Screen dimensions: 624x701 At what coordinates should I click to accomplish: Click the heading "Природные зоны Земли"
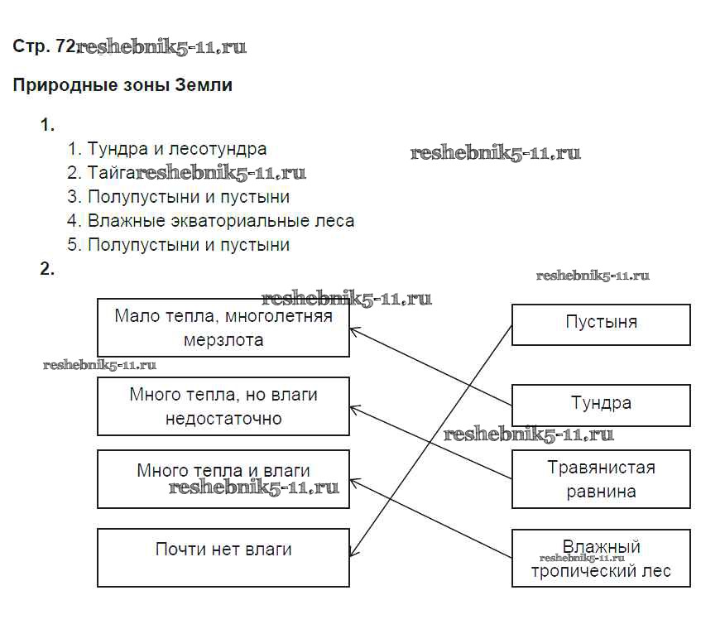[x=122, y=85]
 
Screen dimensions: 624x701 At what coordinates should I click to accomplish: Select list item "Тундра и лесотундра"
[x=177, y=149]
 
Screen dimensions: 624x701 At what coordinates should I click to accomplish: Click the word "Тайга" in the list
[x=111, y=173]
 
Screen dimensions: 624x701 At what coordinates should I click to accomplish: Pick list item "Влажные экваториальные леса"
[x=220, y=221]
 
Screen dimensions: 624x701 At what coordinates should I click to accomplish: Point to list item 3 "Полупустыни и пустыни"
[x=189, y=197]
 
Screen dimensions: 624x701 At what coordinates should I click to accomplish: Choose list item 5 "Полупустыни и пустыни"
[x=189, y=245]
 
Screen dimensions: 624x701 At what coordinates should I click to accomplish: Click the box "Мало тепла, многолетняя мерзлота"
[x=223, y=328]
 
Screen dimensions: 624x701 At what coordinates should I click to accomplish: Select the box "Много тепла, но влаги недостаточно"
[x=223, y=406]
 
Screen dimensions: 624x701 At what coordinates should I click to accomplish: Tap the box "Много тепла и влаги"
[x=223, y=478]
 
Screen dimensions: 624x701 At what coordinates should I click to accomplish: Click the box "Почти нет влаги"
[x=223, y=558]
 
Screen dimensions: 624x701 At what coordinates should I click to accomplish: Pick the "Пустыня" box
[x=601, y=324]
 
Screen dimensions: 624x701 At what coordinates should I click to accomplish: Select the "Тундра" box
[x=601, y=404]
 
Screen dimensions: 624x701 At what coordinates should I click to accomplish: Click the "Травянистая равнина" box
[x=601, y=479]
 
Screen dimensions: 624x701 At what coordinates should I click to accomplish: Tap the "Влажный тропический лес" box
[x=601, y=559]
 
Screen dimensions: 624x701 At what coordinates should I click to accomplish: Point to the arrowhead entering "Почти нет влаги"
[x=353, y=553]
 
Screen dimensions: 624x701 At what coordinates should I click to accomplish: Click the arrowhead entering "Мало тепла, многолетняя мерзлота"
[x=353, y=330]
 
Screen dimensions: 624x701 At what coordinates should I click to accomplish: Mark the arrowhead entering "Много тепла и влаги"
[x=353, y=479]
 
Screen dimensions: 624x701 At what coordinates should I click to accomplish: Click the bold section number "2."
[x=47, y=269]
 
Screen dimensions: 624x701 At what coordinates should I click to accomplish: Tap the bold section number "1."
[x=47, y=126]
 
